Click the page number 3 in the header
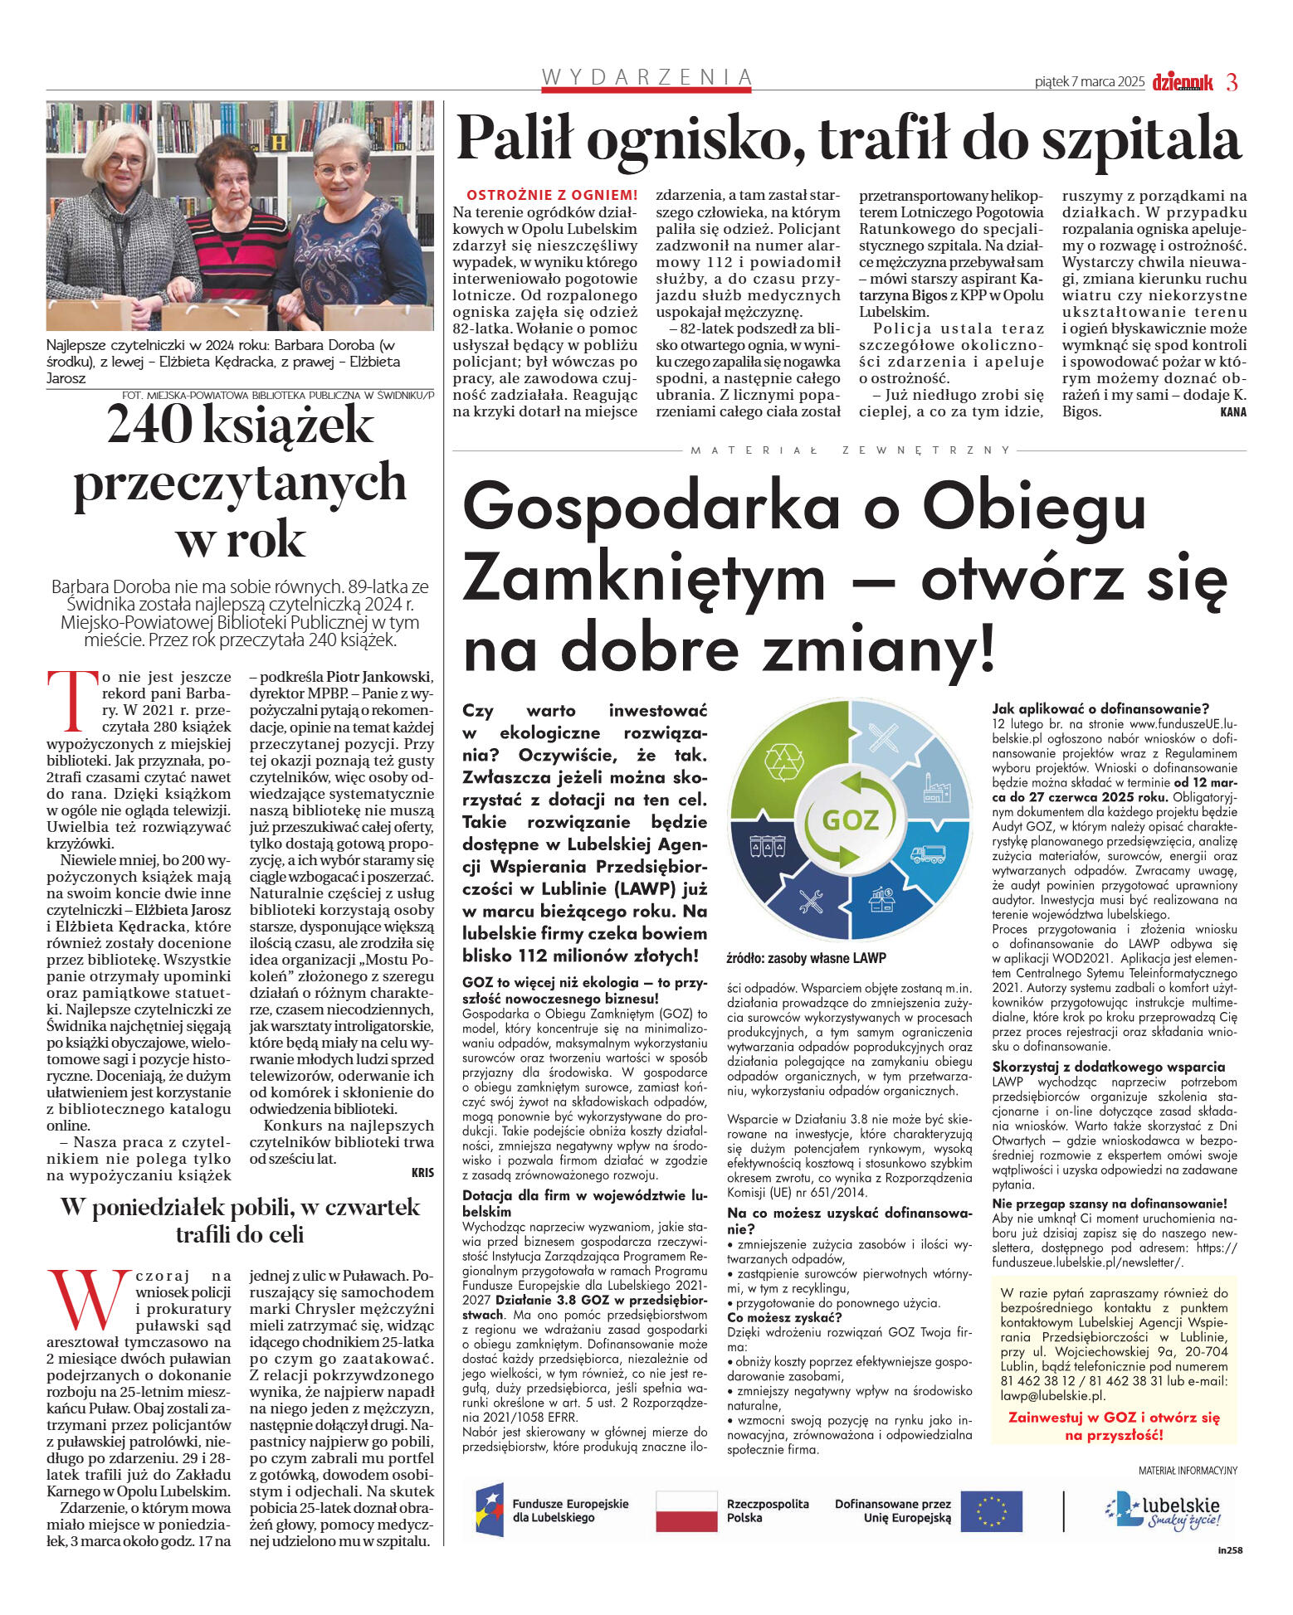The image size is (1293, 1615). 1232,82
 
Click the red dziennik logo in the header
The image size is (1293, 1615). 1182,82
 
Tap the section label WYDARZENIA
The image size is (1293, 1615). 646,77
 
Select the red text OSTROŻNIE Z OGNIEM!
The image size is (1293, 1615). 552,196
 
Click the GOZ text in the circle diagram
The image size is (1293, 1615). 850,820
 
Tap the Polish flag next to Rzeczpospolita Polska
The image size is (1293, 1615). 686,1510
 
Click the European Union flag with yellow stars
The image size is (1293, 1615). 991,1510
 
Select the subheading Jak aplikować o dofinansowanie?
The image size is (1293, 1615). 1100,708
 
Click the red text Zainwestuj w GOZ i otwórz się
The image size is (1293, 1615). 1114,1417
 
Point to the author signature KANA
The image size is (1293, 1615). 1233,412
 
